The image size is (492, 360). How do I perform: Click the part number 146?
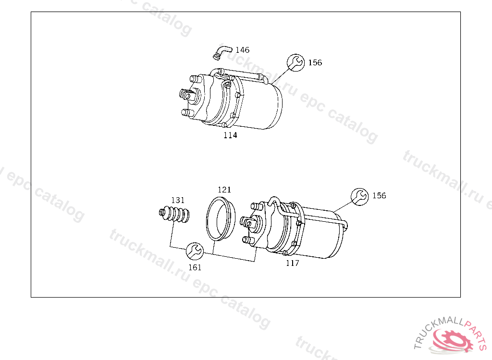(x=242, y=50)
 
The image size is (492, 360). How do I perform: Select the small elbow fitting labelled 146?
(x=222, y=52)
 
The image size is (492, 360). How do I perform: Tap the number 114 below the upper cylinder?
(x=230, y=135)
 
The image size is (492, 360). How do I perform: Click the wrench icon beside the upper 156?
(x=295, y=63)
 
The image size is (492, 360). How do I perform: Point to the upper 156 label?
(x=315, y=63)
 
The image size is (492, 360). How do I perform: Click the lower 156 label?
(x=379, y=196)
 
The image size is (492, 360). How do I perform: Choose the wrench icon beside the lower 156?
(x=359, y=197)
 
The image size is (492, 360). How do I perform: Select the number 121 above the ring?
(x=224, y=190)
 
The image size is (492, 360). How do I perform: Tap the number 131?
(x=178, y=200)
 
